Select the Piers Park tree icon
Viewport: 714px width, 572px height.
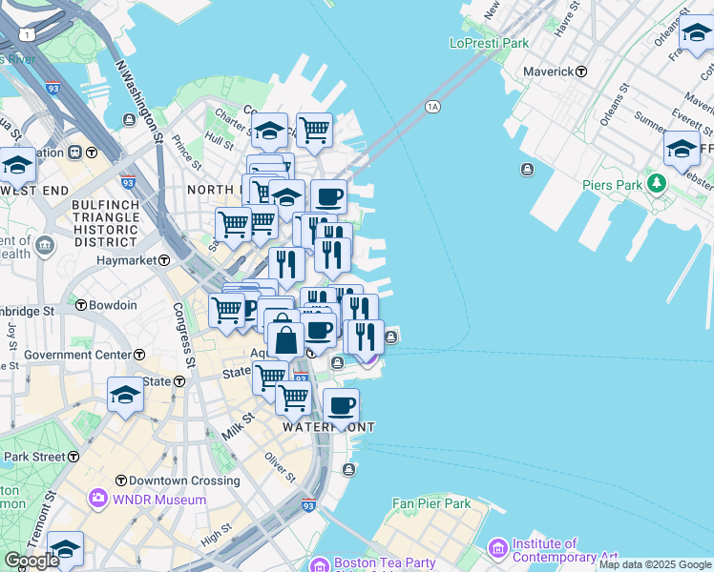655,182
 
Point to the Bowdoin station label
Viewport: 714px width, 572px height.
113,305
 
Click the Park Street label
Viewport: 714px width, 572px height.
35,457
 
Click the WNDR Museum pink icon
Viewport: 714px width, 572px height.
97,499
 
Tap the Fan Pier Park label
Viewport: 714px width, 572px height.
431,503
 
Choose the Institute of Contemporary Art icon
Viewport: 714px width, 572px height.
497,548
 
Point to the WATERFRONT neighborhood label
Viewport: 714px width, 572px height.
327,427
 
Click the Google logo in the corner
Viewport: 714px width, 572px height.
31,561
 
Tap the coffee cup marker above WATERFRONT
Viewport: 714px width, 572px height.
341,407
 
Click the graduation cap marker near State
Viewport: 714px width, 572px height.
125,395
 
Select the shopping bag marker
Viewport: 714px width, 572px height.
285,339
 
